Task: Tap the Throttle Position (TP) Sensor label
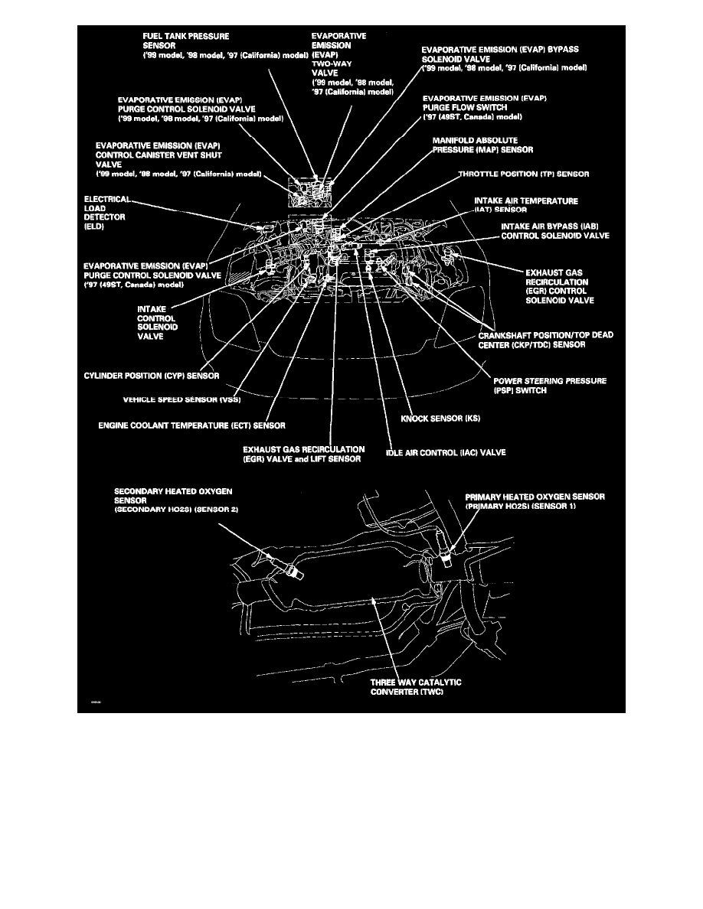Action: [524, 174]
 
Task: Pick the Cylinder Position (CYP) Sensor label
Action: [152, 376]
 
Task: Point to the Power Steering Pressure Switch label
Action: [550, 385]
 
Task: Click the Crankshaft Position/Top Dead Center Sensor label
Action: [546, 340]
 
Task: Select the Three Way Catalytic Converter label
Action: [417, 686]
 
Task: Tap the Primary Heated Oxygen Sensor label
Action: [535, 501]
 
